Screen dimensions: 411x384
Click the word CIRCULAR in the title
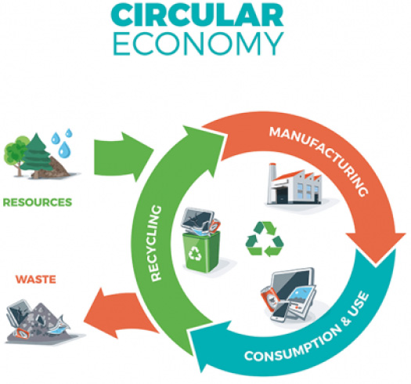tap(197, 15)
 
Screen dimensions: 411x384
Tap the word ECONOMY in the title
tap(198, 44)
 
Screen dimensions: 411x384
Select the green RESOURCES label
tap(38, 202)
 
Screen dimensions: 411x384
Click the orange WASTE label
tap(36, 279)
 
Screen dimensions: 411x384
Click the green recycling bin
tap(201, 252)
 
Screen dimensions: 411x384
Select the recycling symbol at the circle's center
tap(265, 239)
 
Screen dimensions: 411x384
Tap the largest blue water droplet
tap(64, 150)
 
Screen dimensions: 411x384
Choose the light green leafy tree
tap(16, 155)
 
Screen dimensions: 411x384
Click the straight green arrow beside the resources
tap(123, 157)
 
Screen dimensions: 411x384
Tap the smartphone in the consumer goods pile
tap(279, 313)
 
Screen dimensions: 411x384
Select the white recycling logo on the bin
tap(195, 253)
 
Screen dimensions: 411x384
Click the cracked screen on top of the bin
tap(197, 219)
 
